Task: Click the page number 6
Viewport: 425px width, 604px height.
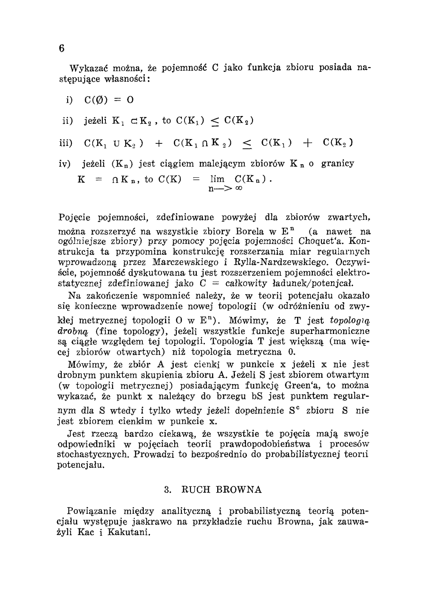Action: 62,48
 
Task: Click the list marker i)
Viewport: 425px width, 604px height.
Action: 68,100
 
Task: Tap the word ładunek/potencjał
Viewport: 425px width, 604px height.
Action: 320,283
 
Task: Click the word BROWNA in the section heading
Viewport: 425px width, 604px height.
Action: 239,490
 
